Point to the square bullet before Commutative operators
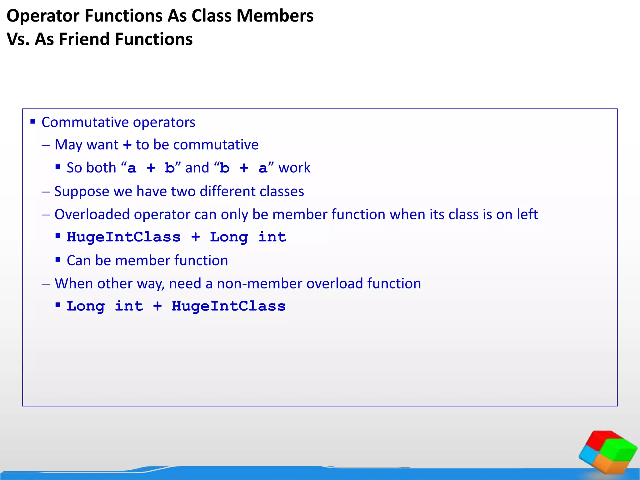33,121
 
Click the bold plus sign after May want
127,145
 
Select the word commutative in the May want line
216,145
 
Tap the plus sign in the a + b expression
151,168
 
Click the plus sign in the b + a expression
244,168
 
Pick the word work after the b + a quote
294,168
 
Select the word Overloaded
92,215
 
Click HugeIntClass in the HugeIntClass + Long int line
123,237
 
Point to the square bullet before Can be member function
58,259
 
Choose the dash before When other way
46,284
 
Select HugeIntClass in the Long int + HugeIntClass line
228,306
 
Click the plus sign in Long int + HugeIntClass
157,306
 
